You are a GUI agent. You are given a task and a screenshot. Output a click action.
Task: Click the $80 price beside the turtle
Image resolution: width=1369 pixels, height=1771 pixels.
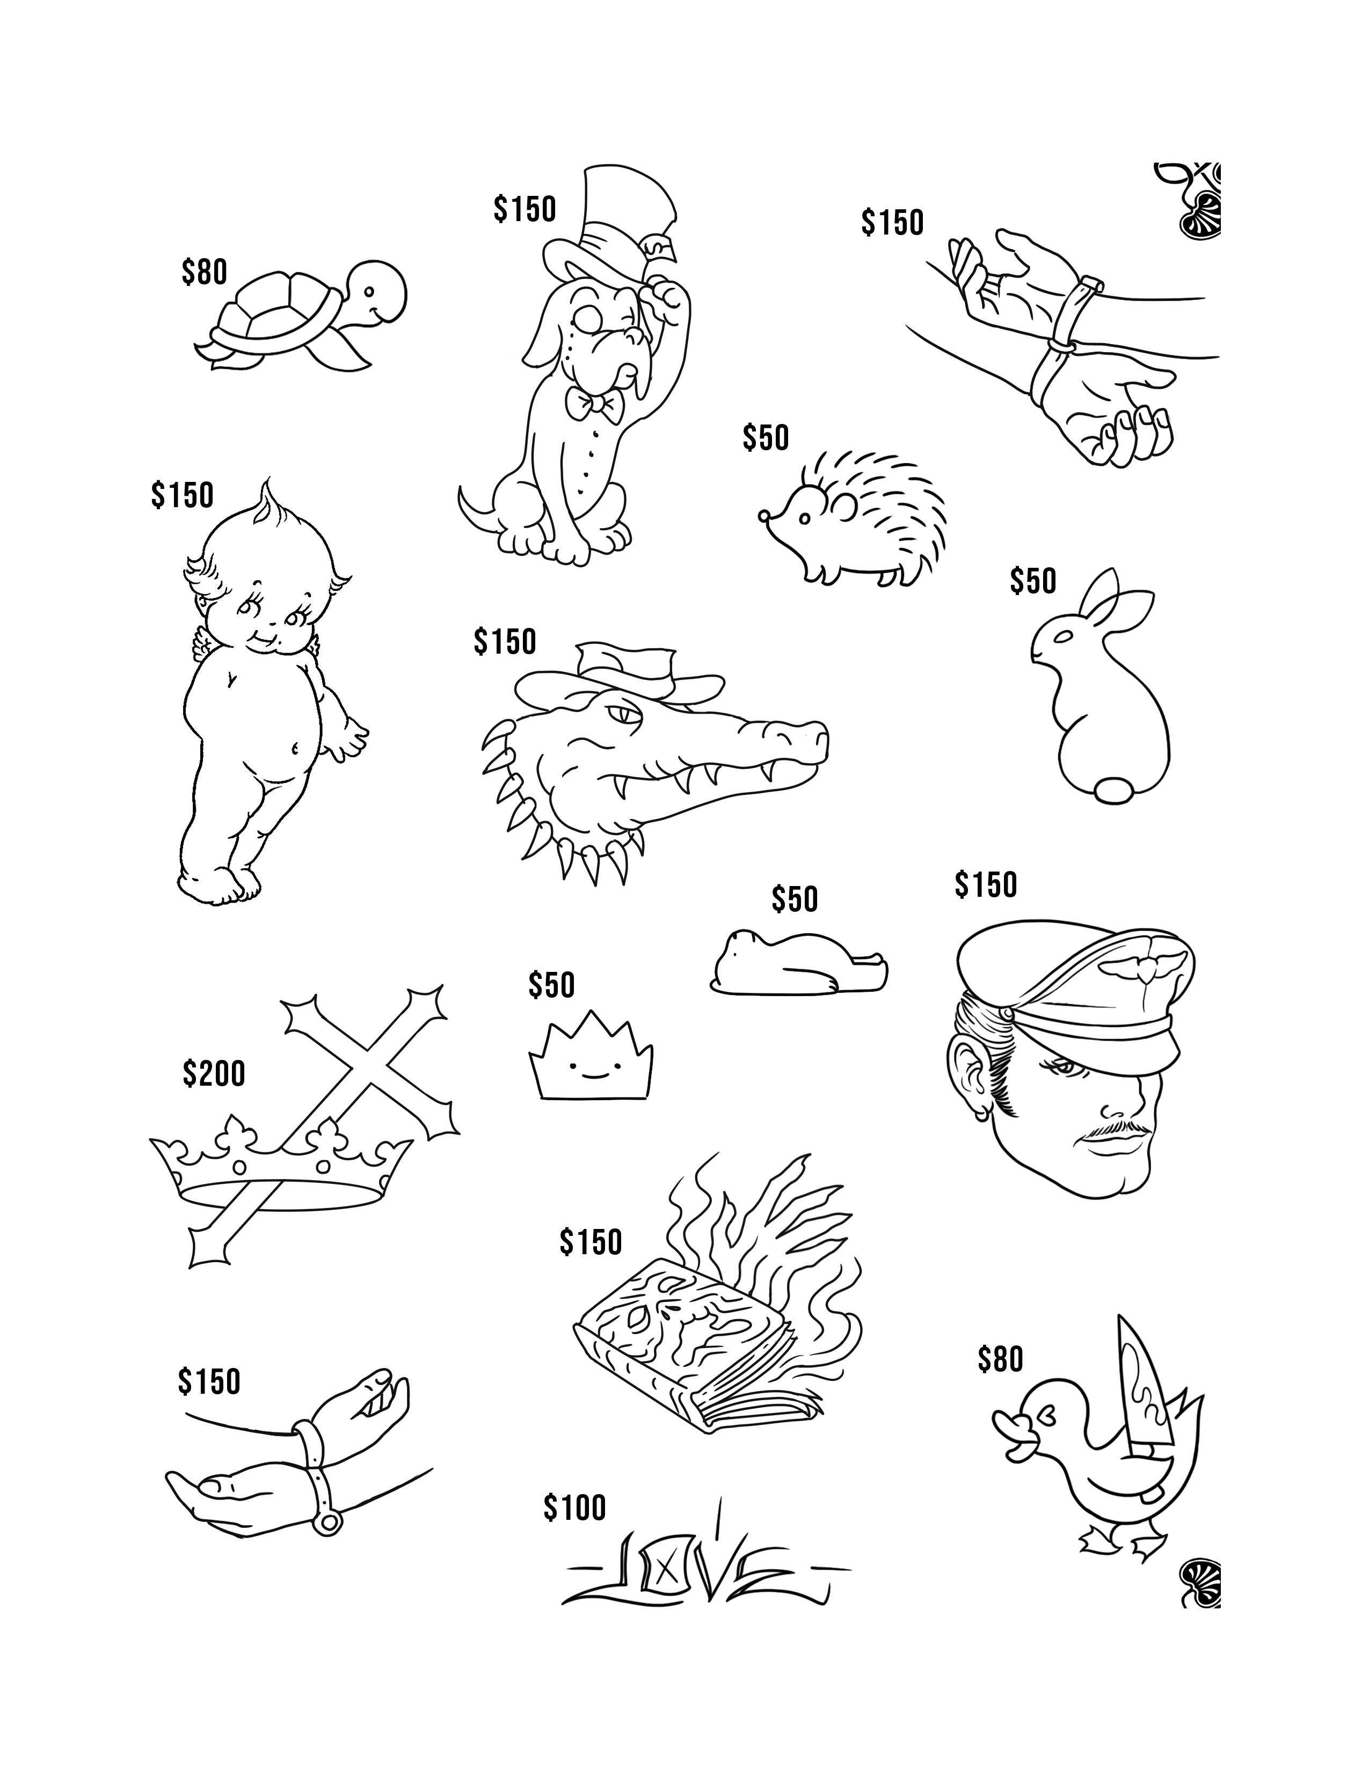tap(205, 273)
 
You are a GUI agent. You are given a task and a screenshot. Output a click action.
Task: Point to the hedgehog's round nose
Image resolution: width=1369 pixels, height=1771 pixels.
tap(763, 514)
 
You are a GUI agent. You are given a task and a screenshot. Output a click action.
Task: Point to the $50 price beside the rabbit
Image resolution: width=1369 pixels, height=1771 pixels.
tap(1033, 581)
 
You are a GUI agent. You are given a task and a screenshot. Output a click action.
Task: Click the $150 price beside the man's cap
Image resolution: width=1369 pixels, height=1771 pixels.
tap(985, 884)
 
